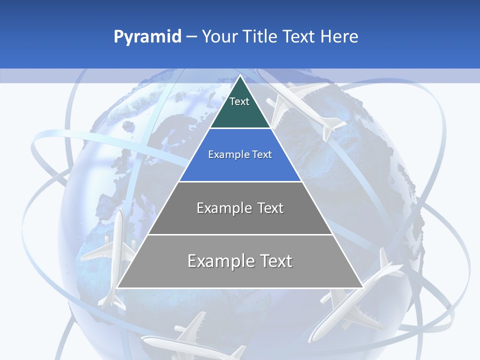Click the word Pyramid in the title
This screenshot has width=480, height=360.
pyautogui.click(x=147, y=37)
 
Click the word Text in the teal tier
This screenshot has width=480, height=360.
pyautogui.click(x=239, y=101)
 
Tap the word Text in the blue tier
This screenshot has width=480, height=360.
pyautogui.click(x=262, y=155)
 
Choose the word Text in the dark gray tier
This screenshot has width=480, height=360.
pyautogui.click(x=270, y=208)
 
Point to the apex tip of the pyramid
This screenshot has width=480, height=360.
pyautogui.click(x=240, y=75)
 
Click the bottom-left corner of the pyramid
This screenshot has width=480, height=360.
pyautogui.click(x=117, y=287)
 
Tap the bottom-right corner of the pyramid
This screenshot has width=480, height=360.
pyautogui.click(x=362, y=287)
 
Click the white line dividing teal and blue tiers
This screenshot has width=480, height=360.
pyautogui.click(x=240, y=128)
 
